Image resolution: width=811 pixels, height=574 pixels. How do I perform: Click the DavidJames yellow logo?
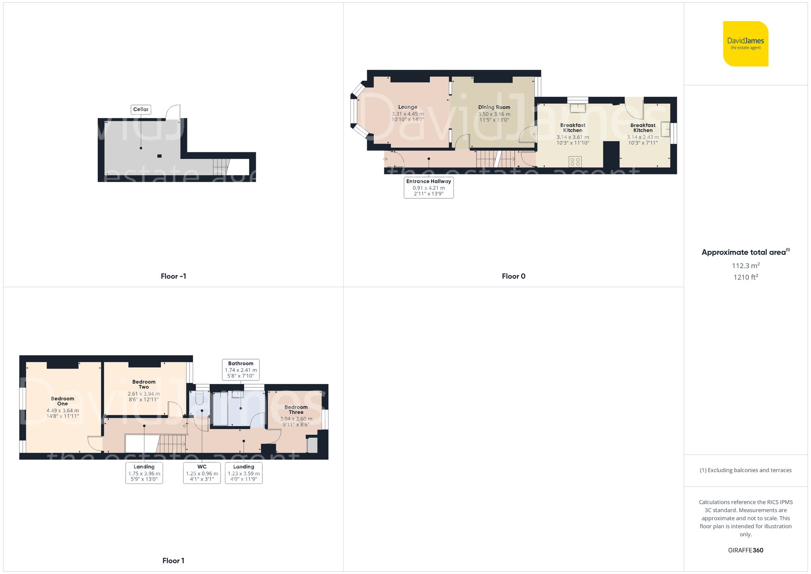745,44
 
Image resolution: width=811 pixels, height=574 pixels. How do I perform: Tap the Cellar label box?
141,109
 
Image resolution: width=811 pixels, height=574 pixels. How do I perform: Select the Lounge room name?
408,107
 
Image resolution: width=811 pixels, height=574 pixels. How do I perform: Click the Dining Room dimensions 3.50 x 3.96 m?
494,114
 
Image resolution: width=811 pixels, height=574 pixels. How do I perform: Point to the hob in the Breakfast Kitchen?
575,161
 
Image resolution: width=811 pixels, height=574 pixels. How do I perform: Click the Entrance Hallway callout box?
429,187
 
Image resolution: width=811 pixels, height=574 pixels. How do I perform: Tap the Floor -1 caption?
173,276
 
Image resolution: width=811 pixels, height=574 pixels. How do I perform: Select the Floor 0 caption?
513,276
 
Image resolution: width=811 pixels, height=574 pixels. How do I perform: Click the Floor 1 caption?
173,561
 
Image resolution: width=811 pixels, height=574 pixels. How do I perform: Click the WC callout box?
202,473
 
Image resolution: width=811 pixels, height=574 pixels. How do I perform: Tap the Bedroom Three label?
296,409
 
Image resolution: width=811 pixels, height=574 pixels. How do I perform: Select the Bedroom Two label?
144,384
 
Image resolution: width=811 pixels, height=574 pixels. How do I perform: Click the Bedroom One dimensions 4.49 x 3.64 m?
62,411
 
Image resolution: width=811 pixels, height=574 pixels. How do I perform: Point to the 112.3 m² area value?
745,266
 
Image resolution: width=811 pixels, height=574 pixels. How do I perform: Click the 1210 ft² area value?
745,277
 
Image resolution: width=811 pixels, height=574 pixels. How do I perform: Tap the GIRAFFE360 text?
745,550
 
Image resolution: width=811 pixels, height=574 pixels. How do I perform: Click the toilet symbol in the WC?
199,398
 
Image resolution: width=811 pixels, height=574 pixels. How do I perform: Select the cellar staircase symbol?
221,167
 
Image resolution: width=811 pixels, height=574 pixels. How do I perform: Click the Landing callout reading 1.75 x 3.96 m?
144,473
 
